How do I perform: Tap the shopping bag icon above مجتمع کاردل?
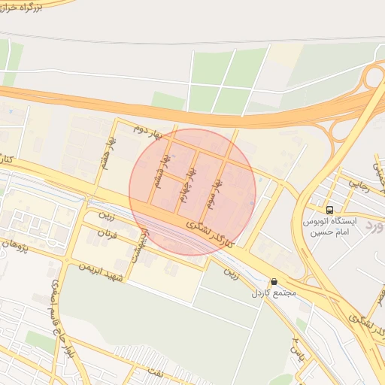pyautogui.click(x=272, y=281)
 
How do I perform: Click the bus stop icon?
pyautogui.click(x=329, y=210)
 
